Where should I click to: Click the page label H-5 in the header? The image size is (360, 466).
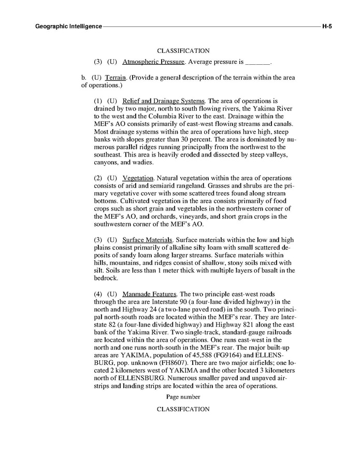point(326,25)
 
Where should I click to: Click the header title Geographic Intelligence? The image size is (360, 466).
point(68,25)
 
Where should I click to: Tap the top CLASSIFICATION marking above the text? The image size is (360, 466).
point(183,51)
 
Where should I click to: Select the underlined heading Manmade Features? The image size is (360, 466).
point(150,293)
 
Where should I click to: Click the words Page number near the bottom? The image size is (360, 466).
point(183,397)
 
